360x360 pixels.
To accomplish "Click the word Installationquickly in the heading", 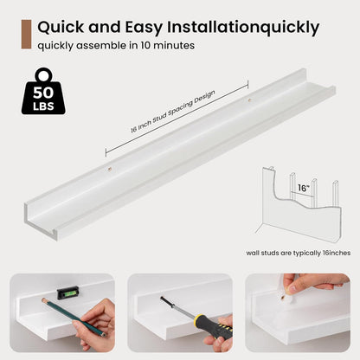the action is [243, 28].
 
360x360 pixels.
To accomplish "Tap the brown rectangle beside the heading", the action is [26, 35].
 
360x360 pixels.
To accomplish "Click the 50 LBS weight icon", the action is [43, 91].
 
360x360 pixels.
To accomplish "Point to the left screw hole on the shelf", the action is [110, 169].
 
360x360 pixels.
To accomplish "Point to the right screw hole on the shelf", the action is [250, 100].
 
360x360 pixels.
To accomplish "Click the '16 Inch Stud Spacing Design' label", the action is [173, 112].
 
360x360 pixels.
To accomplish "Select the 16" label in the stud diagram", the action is [304, 188].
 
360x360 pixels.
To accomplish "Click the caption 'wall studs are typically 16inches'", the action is [299, 253].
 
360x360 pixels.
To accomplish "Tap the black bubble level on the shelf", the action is [67, 292].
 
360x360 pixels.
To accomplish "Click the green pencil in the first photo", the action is [74, 318].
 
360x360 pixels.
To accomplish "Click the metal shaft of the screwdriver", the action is [178, 308].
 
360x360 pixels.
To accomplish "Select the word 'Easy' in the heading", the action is [144, 28].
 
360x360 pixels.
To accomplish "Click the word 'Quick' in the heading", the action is [61, 27].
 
